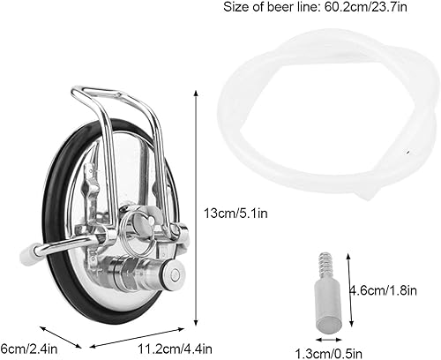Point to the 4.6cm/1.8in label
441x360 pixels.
coord(391,289)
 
